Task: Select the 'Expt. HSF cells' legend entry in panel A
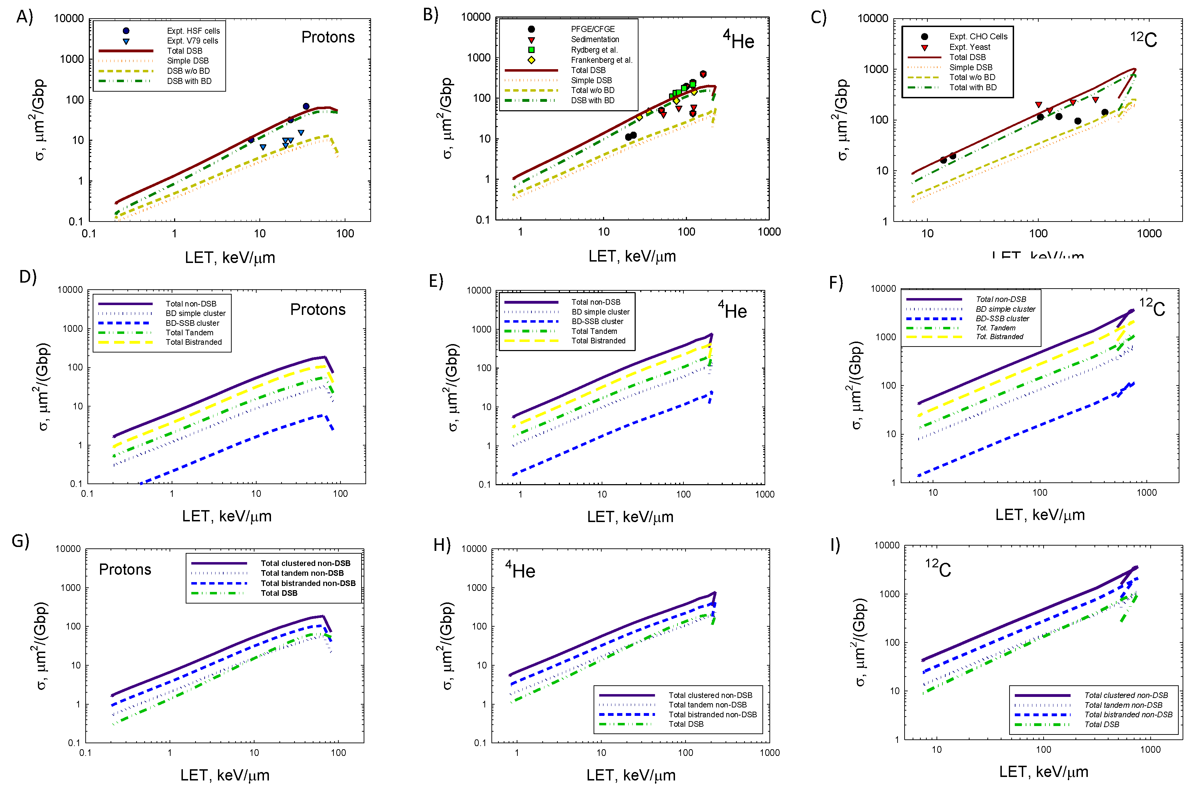point(193,31)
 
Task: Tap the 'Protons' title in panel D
point(318,309)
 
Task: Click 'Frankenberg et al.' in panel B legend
point(601,60)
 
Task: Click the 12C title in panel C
point(1143,39)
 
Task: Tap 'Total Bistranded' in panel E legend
point(598,341)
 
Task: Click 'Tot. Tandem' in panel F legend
point(995,328)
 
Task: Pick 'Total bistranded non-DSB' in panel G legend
point(307,583)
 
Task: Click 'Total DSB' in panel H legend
point(686,724)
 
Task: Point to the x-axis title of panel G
point(225,775)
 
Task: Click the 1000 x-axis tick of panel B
point(768,232)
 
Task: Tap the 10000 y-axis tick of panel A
point(69,19)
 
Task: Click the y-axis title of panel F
point(856,386)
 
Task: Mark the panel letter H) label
point(442,545)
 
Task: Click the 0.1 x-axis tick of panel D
point(87,493)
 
